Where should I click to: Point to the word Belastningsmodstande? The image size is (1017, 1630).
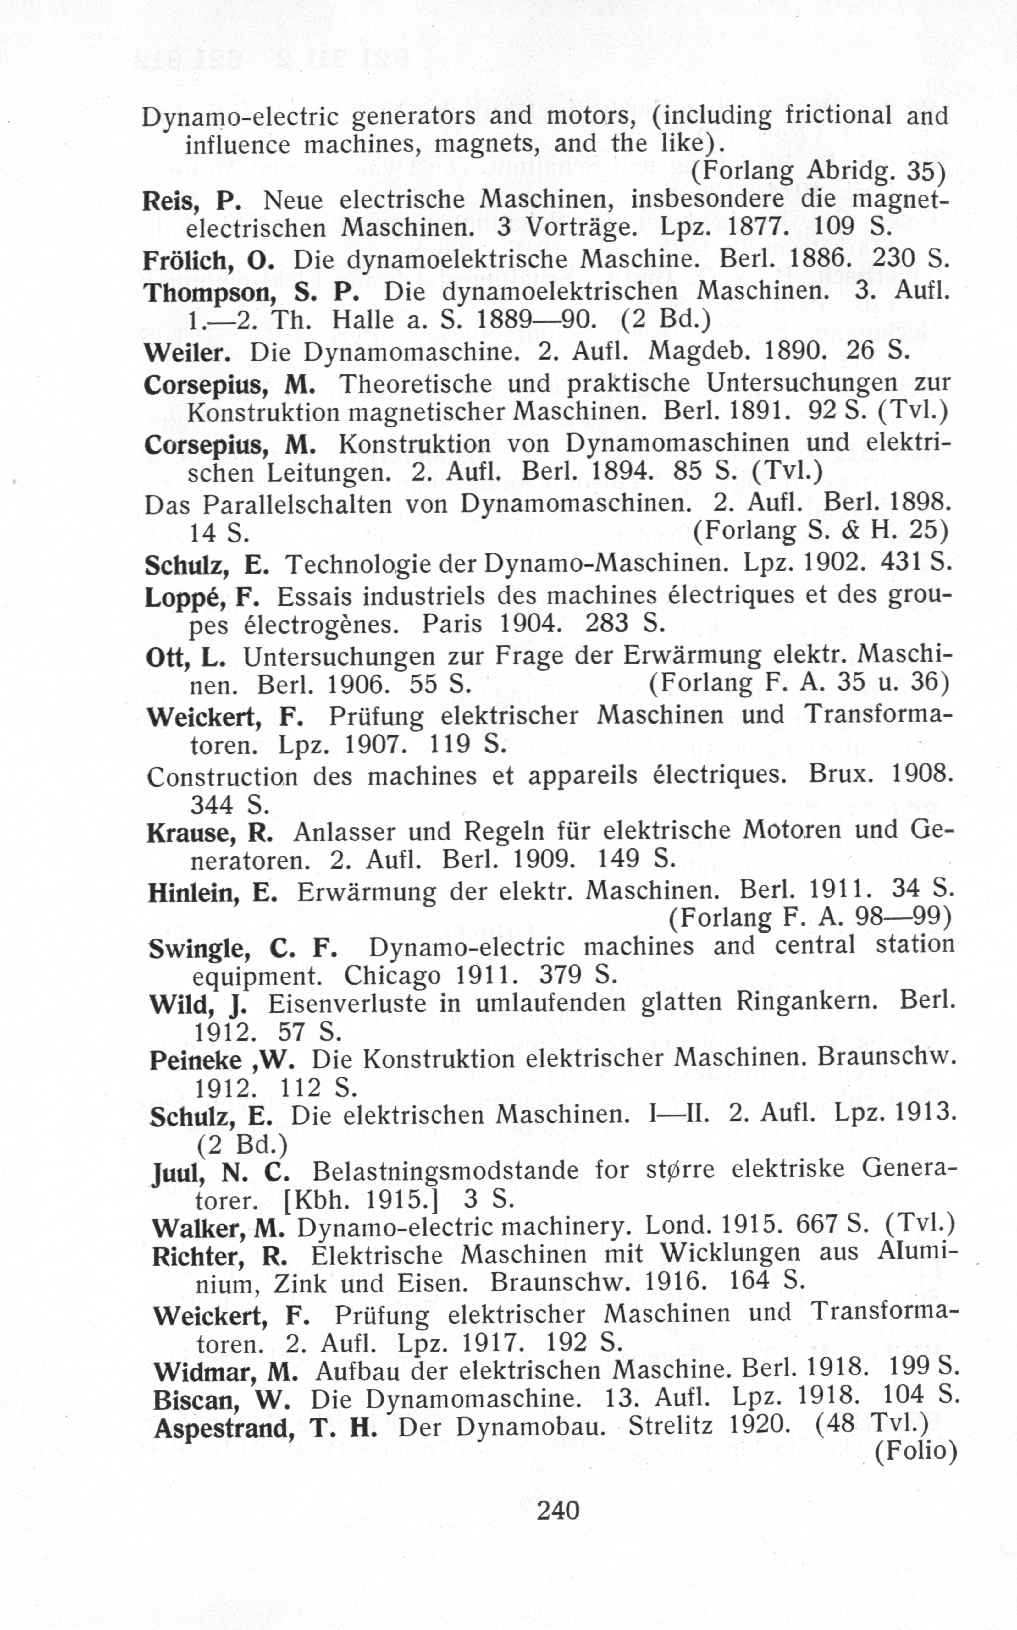(x=445, y=1171)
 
